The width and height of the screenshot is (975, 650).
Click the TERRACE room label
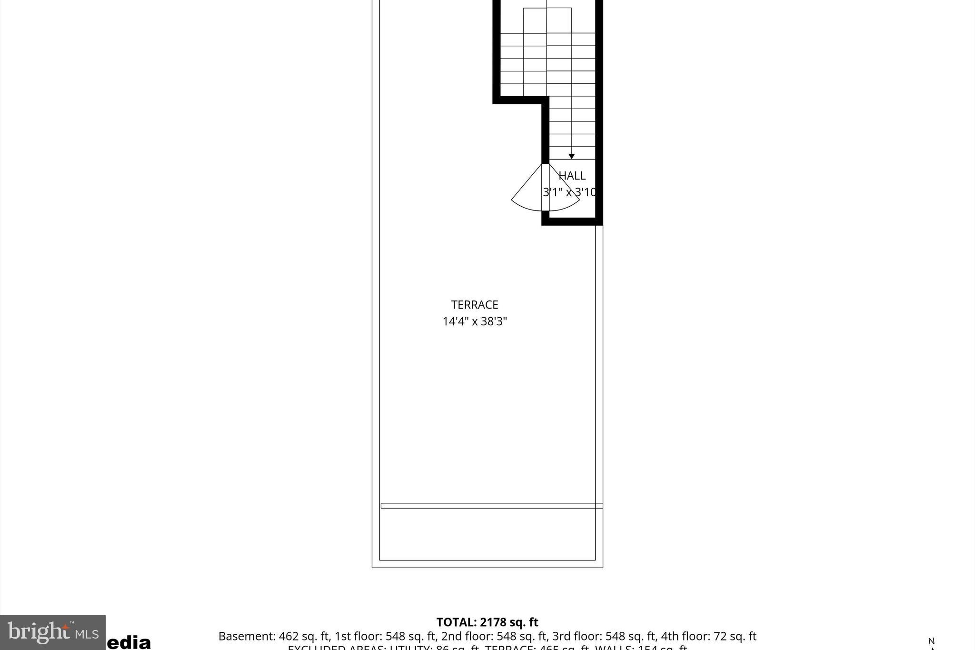point(475,305)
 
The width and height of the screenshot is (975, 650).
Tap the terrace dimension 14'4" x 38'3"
point(475,321)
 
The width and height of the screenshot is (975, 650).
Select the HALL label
point(572,176)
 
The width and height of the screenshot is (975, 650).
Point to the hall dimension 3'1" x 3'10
point(569,192)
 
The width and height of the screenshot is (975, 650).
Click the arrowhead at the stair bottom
point(571,156)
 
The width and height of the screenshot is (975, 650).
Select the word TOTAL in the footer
point(456,622)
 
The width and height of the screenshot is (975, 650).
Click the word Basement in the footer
point(246,636)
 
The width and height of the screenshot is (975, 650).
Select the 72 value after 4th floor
point(719,636)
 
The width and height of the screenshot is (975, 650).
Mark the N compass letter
point(931,641)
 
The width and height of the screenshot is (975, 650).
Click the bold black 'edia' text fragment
point(129,643)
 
